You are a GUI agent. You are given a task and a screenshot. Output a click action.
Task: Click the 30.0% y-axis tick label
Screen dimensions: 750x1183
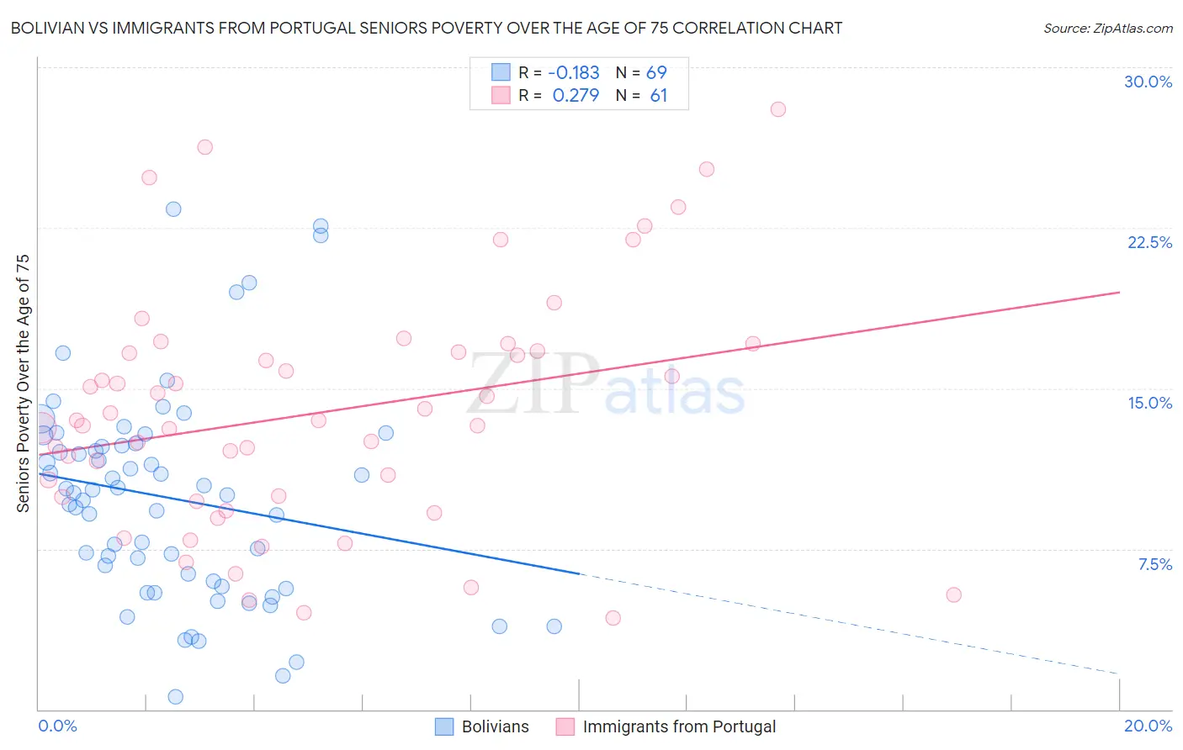(1148, 82)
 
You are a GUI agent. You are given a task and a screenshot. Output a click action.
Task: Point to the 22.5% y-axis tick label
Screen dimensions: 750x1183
(1149, 242)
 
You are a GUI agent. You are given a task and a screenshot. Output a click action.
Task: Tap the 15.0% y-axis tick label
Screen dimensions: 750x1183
(1149, 403)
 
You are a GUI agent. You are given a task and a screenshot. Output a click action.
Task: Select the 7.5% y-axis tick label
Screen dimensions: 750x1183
(1154, 564)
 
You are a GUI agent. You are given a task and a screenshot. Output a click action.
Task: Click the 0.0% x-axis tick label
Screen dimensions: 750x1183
(57, 726)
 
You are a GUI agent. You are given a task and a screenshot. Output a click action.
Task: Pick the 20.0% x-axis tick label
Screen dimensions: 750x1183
(1148, 726)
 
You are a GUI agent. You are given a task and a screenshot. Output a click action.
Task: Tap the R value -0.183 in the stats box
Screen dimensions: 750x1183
(573, 72)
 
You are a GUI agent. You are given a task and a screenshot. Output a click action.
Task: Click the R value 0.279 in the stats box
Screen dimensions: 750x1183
(576, 96)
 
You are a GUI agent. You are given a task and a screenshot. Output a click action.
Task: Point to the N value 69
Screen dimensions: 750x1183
(656, 72)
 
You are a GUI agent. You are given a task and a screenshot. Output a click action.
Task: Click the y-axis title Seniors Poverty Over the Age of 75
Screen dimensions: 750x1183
(23, 383)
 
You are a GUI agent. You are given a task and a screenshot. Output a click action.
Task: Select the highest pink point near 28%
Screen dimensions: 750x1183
(778, 109)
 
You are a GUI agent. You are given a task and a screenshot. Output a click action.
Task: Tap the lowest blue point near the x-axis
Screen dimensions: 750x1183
(176, 696)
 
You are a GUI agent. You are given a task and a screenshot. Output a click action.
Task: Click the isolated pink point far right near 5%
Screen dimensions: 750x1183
(953, 594)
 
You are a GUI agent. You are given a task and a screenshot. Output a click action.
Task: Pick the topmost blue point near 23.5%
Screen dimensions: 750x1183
(173, 209)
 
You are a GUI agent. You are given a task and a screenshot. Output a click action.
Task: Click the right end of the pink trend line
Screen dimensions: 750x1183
(1119, 292)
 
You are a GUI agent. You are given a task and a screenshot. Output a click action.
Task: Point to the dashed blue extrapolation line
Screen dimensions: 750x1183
(841, 623)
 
